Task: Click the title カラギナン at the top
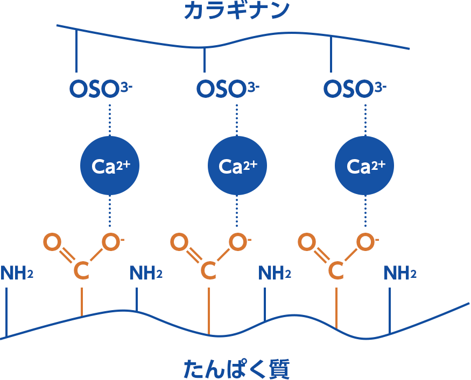point(236,11)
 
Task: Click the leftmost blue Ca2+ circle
point(110,166)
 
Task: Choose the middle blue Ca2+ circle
point(237,166)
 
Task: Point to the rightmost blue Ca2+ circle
point(365,166)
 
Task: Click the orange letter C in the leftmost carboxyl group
point(81,271)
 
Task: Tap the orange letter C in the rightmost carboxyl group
point(336,271)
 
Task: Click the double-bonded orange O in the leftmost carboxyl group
point(52,242)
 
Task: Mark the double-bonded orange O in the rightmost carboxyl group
point(306,242)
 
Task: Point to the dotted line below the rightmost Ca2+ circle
point(365,212)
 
